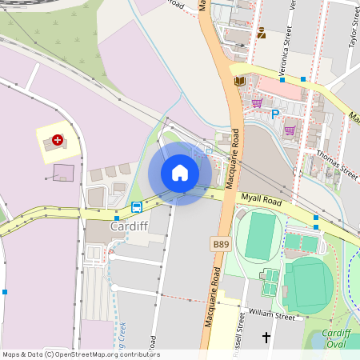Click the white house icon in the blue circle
click(180, 173)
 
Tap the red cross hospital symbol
click(58, 140)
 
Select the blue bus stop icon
click(137, 206)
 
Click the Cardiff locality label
click(128, 226)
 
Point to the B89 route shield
click(221, 242)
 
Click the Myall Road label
click(262, 202)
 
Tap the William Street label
click(271, 314)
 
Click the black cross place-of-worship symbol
click(266, 338)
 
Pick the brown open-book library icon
click(238, 81)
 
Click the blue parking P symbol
click(275, 114)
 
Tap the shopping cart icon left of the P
click(257, 103)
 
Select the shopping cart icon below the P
click(290, 130)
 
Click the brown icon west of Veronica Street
click(261, 33)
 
